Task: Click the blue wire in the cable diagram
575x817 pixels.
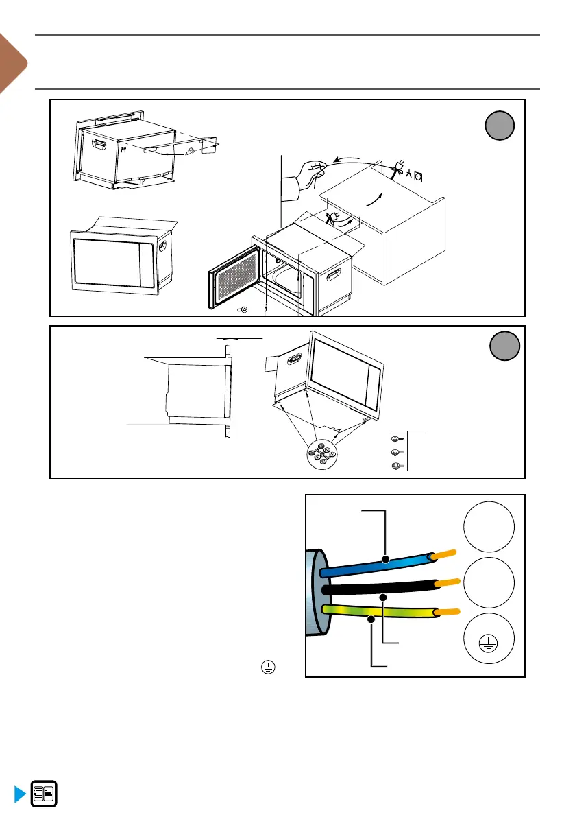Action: click(370, 565)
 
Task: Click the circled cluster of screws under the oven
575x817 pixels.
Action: click(321, 454)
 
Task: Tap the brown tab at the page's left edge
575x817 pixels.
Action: click(11, 65)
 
